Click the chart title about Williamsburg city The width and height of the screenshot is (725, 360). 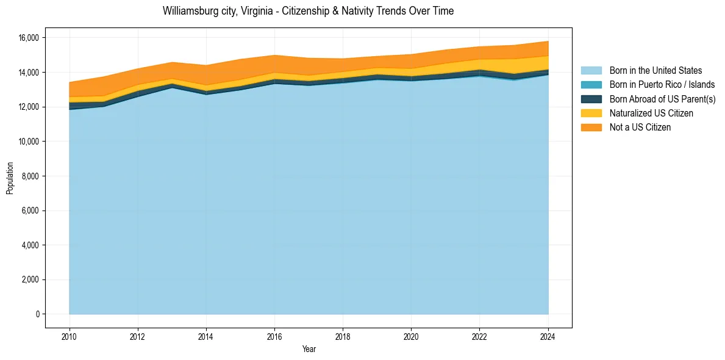pos(308,11)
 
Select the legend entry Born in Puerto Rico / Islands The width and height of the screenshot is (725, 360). pos(662,85)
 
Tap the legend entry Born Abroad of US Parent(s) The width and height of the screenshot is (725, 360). pos(662,99)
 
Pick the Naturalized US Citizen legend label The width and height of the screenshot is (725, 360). pos(651,113)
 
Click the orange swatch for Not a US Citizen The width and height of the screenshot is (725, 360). pos(591,128)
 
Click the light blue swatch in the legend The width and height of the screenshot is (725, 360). pos(591,71)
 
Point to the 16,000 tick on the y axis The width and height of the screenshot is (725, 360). pos(28,38)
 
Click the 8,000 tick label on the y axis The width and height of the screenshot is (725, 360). pos(30,176)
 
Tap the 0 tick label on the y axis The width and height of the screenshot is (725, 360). pos(37,314)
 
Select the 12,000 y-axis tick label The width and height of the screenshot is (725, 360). pos(28,107)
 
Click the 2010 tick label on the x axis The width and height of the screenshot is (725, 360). pos(70,336)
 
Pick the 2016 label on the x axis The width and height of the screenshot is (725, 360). pos(274,336)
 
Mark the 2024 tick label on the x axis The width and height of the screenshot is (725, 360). pos(548,336)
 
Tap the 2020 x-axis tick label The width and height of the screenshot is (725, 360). pos(411,336)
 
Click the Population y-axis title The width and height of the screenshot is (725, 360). pos(10,178)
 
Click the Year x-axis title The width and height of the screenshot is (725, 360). pos(309,349)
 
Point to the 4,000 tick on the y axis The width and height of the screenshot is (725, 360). pos(30,245)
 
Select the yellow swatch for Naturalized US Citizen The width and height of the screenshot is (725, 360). pos(591,113)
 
